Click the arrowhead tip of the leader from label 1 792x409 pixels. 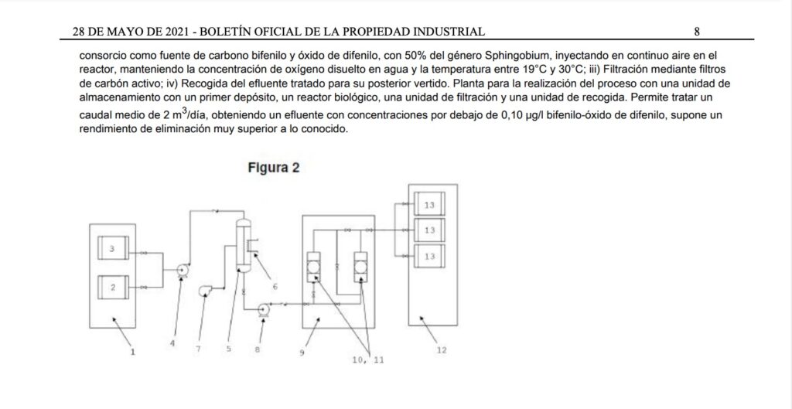pos(113,318)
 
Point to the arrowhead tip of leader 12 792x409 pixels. pos(420,317)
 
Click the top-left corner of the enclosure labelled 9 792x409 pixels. pos(302,216)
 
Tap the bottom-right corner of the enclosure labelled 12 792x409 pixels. pos(458,325)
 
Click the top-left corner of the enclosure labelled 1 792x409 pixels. pos(90,224)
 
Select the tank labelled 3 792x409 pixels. pos(113,248)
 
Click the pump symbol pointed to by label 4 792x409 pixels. pos(183,271)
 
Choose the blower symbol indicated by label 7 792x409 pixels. pos(205,291)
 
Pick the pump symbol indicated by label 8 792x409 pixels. pos(263,309)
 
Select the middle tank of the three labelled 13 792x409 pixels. pos(429,230)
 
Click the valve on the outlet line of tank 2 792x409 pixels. pos(145,288)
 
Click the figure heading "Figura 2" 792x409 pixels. pos(274,168)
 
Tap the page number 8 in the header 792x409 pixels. pos(697,32)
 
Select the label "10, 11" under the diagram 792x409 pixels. pos(368,360)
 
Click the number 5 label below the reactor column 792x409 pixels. pos(229,349)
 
